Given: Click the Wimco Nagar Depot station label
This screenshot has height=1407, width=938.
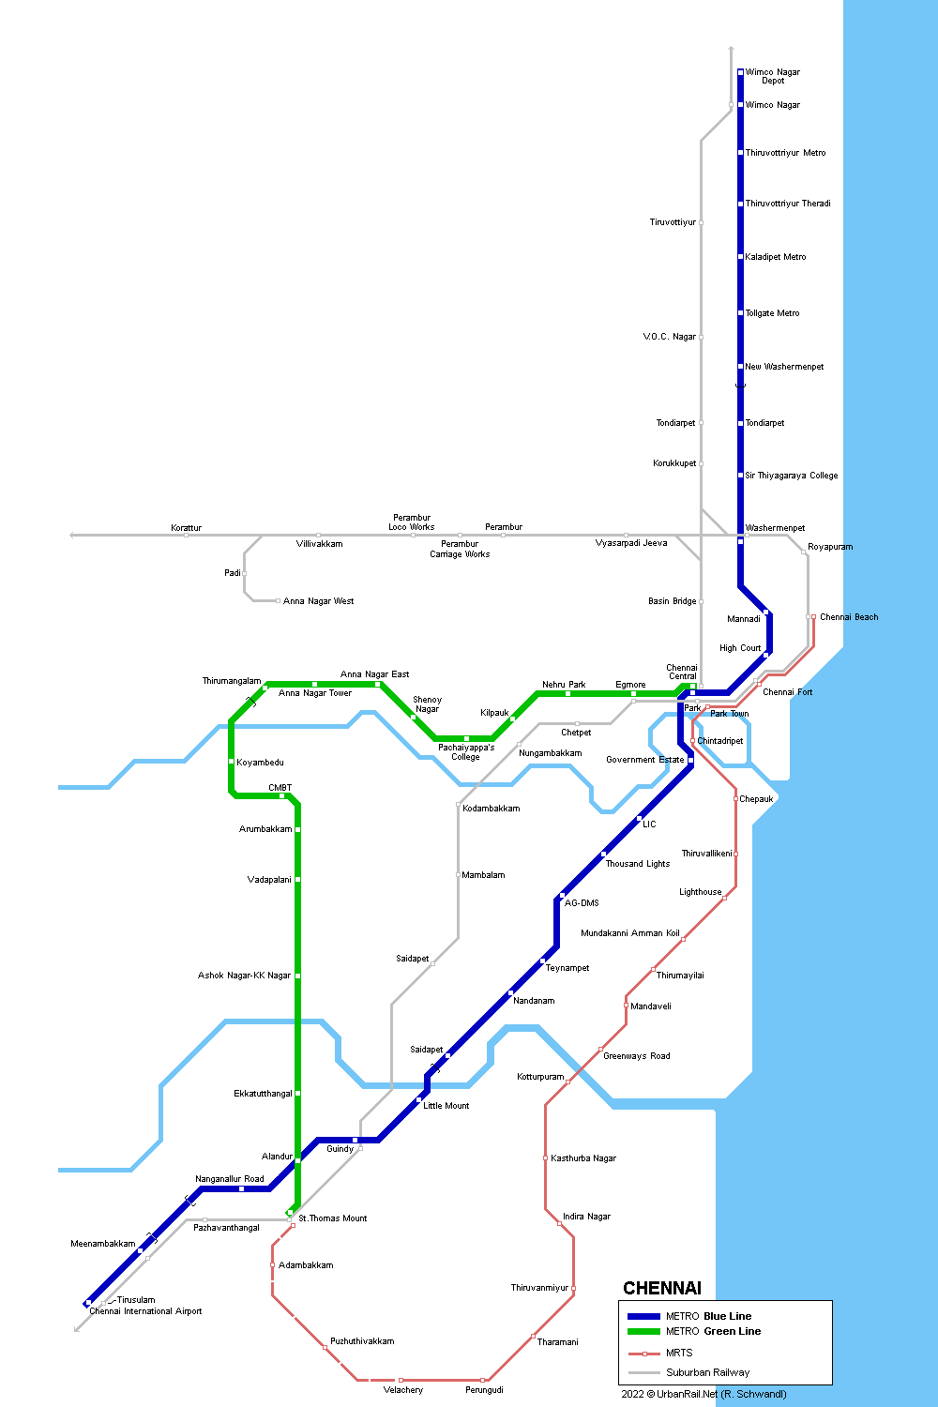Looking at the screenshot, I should click(x=773, y=76).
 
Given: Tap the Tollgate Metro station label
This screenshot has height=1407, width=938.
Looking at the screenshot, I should click(x=772, y=313).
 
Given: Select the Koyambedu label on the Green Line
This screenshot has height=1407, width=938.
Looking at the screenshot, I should click(x=260, y=763).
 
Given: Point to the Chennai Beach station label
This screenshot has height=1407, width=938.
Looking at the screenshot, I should click(x=849, y=617).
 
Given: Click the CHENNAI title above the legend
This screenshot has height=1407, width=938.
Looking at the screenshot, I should click(x=662, y=1288).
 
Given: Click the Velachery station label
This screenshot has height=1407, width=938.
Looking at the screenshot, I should click(x=403, y=1390).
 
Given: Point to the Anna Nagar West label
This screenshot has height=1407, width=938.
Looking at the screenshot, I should click(x=318, y=601).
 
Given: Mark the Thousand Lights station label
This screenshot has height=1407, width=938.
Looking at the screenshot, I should click(x=638, y=864).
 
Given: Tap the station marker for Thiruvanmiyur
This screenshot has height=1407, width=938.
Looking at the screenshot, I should click(x=573, y=1288).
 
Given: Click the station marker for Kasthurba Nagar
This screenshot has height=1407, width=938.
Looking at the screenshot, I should click(x=545, y=1158).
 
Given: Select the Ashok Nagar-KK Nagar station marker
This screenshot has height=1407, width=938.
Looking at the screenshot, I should click(x=297, y=976).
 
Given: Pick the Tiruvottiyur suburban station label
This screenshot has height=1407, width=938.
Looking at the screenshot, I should click(x=673, y=222).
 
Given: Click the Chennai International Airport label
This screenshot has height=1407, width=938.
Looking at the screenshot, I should click(x=145, y=1311).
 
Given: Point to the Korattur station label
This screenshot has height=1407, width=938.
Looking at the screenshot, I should click(x=186, y=528).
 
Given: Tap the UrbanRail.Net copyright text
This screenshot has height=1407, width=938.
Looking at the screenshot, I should click(x=703, y=1394).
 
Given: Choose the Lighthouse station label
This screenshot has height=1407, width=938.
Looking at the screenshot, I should click(x=701, y=892).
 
